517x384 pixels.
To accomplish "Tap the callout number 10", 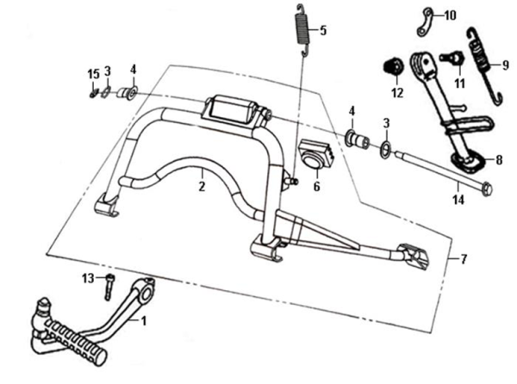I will point(452,15).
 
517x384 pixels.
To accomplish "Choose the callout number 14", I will point(458,199).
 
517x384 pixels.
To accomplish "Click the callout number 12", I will point(397,92).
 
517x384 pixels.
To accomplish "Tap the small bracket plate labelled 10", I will point(426,22).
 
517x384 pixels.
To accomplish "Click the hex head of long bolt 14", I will point(486,188).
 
